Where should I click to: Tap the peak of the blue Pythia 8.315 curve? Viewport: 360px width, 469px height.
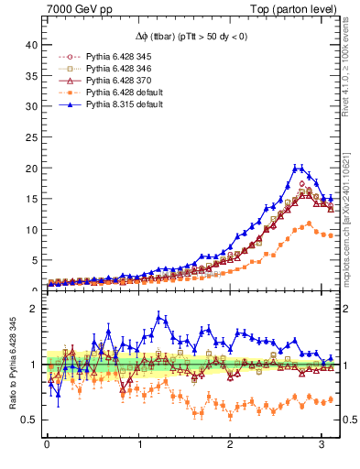297,168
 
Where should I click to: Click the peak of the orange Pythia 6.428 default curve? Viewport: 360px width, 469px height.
309,223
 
